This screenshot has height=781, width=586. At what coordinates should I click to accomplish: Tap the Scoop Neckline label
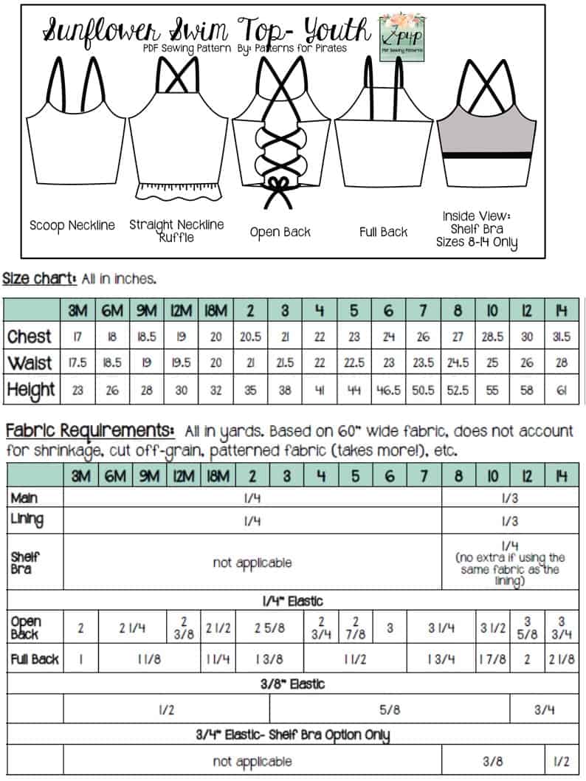pyautogui.click(x=72, y=225)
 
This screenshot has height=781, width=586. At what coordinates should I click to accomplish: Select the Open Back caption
pyautogui.click(x=280, y=232)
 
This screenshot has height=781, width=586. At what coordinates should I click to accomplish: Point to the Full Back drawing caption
pyautogui.click(x=383, y=232)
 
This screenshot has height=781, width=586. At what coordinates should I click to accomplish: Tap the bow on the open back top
pyautogui.click(x=279, y=185)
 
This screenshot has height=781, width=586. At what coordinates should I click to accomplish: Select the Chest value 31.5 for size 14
pyautogui.click(x=562, y=336)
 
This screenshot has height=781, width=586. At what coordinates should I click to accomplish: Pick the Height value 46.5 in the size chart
pyautogui.click(x=390, y=390)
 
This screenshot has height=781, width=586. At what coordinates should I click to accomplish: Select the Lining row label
pyautogui.click(x=27, y=520)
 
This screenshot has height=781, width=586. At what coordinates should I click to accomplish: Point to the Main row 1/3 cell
pyautogui.click(x=509, y=498)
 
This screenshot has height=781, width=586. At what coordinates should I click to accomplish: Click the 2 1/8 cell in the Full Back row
pyautogui.click(x=562, y=658)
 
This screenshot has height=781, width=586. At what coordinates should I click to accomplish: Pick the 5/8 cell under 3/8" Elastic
pyautogui.click(x=390, y=709)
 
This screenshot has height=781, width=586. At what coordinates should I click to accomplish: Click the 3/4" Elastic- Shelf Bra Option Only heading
pyautogui.click(x=293, y=734)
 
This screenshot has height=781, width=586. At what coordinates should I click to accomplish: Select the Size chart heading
pyautogui.click(x=38, y=278)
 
